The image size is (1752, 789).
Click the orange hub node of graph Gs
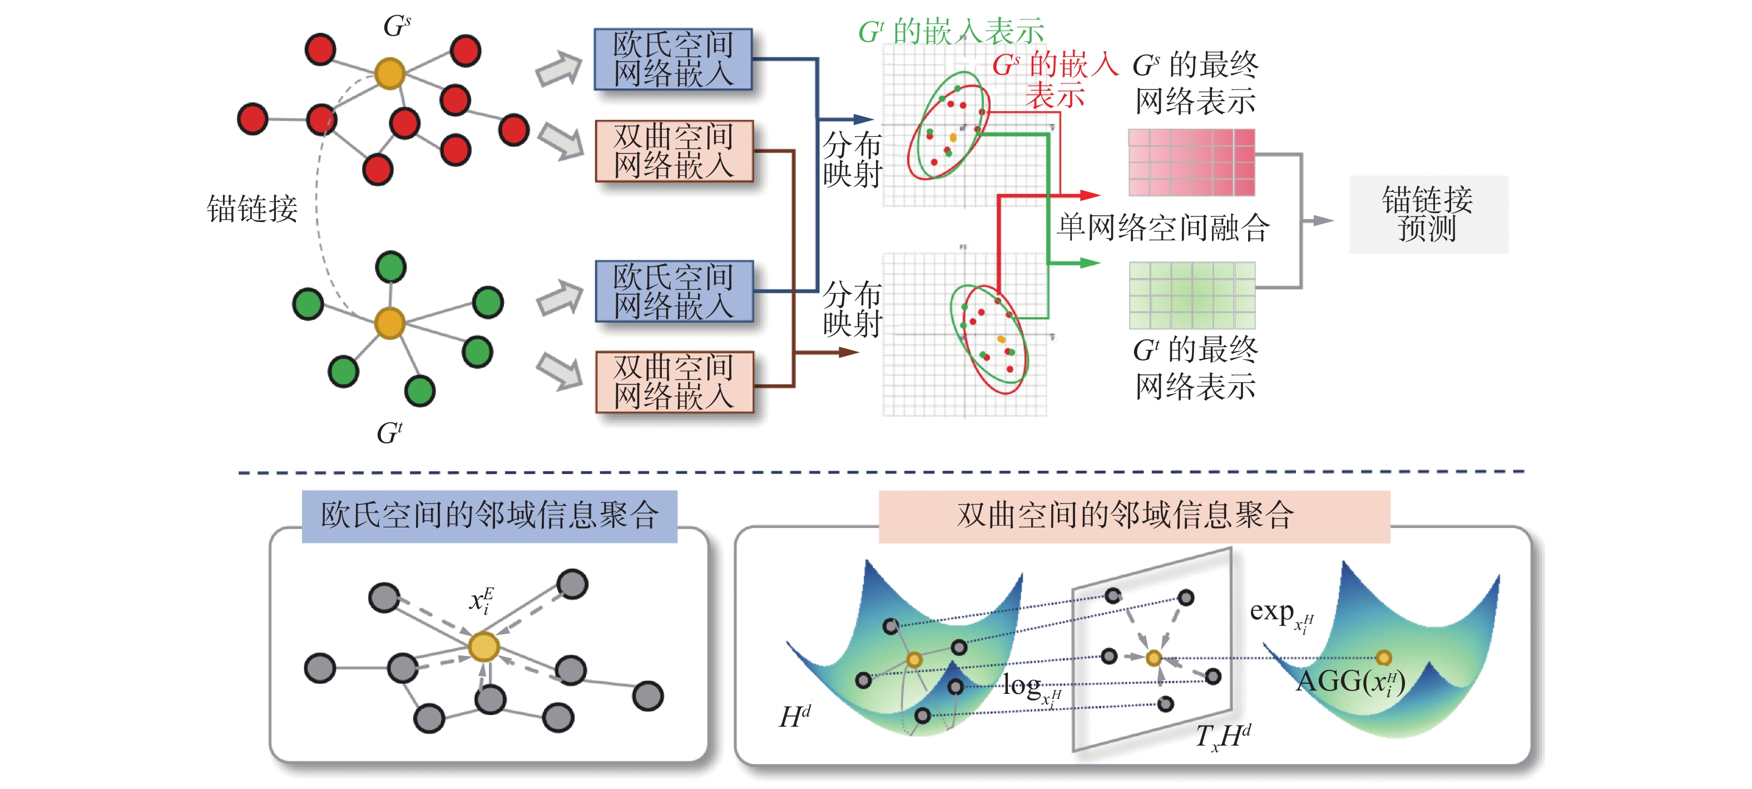click(x=390, y=73)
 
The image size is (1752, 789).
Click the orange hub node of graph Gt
click(x=390, y=323)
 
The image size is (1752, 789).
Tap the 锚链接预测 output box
click(x=1428, y=214)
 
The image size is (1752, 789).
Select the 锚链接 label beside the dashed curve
click(x=251, y=208)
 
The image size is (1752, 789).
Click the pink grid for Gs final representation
click(x=1191, y=162)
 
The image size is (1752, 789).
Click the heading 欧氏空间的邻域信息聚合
click(x=489, y=516)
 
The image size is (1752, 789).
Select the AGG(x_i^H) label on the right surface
click(x=1350, y=682)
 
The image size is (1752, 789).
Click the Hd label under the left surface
click(x=794, y=716)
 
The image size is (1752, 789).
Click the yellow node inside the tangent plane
click(x=1154, y=658)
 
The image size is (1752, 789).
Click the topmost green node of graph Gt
click(x=390, y=267)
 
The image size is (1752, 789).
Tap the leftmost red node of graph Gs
click(x=253, y=119)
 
